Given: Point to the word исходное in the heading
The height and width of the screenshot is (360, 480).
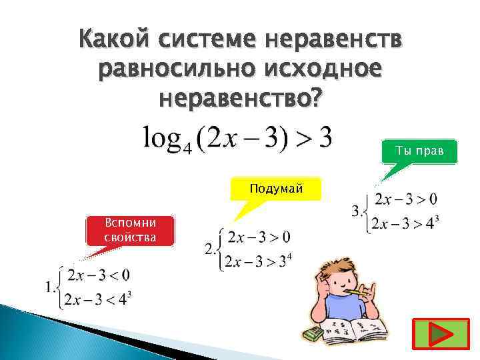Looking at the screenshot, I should click(x=327, y=69).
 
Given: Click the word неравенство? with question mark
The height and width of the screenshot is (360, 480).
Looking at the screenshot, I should click(x=241, y=98).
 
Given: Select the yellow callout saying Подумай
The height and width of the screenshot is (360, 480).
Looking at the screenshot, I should click(x=275, y=189).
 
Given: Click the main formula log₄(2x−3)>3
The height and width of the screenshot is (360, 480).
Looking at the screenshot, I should click(x=237, y=139).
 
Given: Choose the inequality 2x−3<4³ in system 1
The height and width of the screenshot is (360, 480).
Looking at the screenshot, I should click(x=100, y=300).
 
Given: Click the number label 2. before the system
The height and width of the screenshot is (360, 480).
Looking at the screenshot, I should click(x=210, y=249).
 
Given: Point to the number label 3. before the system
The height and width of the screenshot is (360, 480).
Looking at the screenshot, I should click(x=357, y=211).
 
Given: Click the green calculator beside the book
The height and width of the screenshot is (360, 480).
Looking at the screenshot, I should click(x=311, y=333).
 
